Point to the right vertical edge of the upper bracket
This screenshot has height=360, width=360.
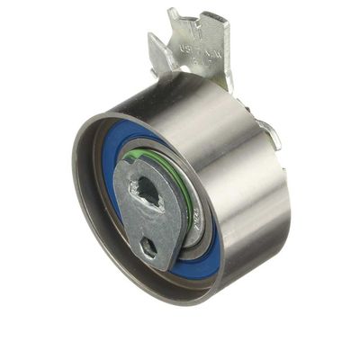tap(227, 54)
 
